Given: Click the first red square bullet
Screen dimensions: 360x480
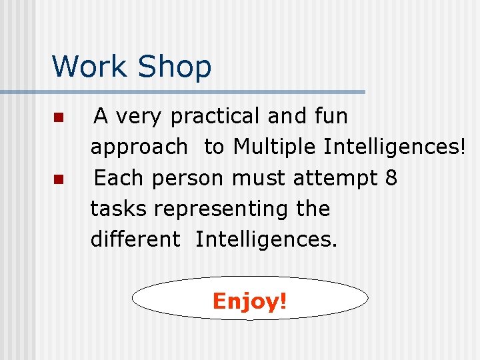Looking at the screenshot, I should pyautogui.click(x=58, y=118).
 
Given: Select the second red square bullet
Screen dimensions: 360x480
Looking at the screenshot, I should pyautogui.click(x=58, y=179).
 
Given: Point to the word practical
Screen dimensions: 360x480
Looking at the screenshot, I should pyautogui.click(x=216, y=117).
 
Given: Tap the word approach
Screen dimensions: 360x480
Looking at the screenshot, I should pyautogui.click(x=139, y=147).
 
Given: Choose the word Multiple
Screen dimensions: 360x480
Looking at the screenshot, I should pyautogui.click(x=275, y=147).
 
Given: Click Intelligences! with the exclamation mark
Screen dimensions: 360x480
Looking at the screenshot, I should pyautogui.click(x=394, y=147).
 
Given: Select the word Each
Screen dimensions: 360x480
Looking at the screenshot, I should pyautogui.click(x=120, y=178).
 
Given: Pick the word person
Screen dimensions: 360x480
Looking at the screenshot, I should pyautogui.click(x=189, y=179).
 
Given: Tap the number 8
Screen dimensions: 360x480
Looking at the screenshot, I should pyautogui.click(x=391, y=178).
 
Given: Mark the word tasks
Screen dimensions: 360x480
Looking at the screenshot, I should pyautogui.click(x=119, y=209).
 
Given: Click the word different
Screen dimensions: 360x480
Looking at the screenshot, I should pyautogui.click(x=135, y=239).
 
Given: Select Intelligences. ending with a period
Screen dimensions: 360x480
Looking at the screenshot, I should pyautogui.click(x=267, y=239).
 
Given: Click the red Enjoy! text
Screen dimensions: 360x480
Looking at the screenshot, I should pyautogui.click(x=250, y=301).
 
